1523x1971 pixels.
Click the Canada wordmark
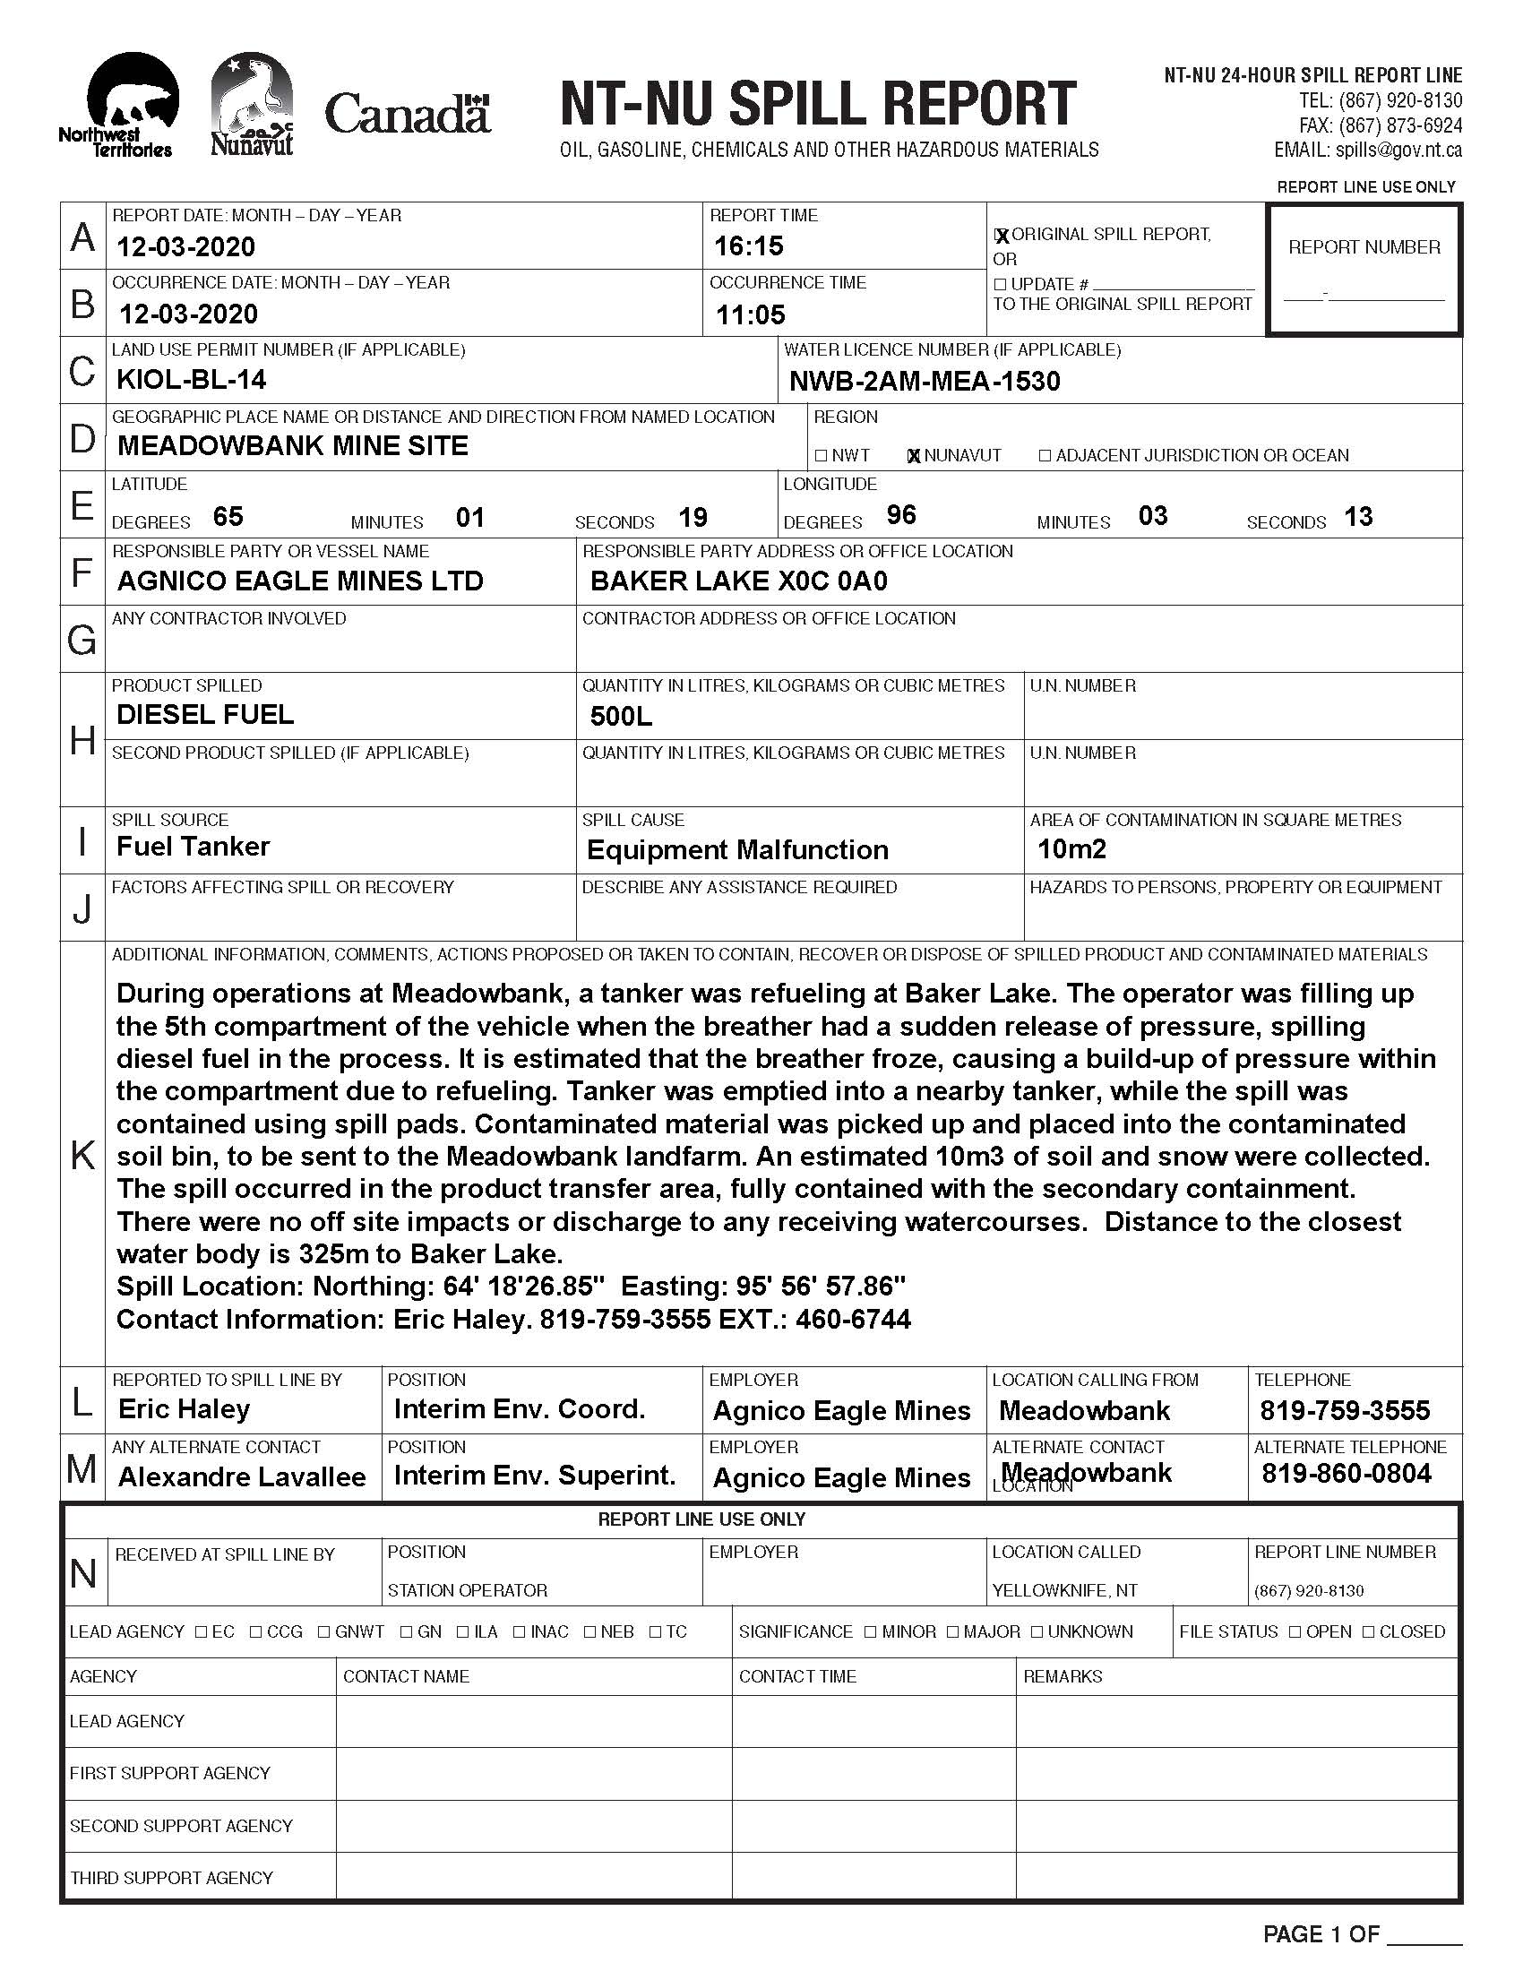(x=407, y=115)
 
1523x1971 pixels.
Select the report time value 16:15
(x=749, y=245)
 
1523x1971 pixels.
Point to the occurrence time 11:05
(x=751, y=314)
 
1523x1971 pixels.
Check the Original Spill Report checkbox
(x=1001, y=236)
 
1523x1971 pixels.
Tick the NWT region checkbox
(x=820, y=456)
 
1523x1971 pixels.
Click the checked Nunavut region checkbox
(x=913, y=456)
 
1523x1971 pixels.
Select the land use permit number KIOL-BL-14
(x=192, y=379)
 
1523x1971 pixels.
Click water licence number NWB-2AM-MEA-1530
(x=924, y=381)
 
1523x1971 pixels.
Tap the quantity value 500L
(x=621, y=717)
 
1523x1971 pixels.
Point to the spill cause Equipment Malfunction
(x=737, y=849)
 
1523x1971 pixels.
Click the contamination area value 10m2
(x=1071, y=848)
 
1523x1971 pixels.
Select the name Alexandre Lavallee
(x=242, y=1476)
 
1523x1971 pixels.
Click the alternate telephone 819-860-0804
(x=1347, y=1474)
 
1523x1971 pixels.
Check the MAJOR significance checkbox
(x=953, y=1631)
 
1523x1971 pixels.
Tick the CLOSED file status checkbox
(x=1368, y=1631)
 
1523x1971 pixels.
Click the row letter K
(x=82, y=1155)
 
